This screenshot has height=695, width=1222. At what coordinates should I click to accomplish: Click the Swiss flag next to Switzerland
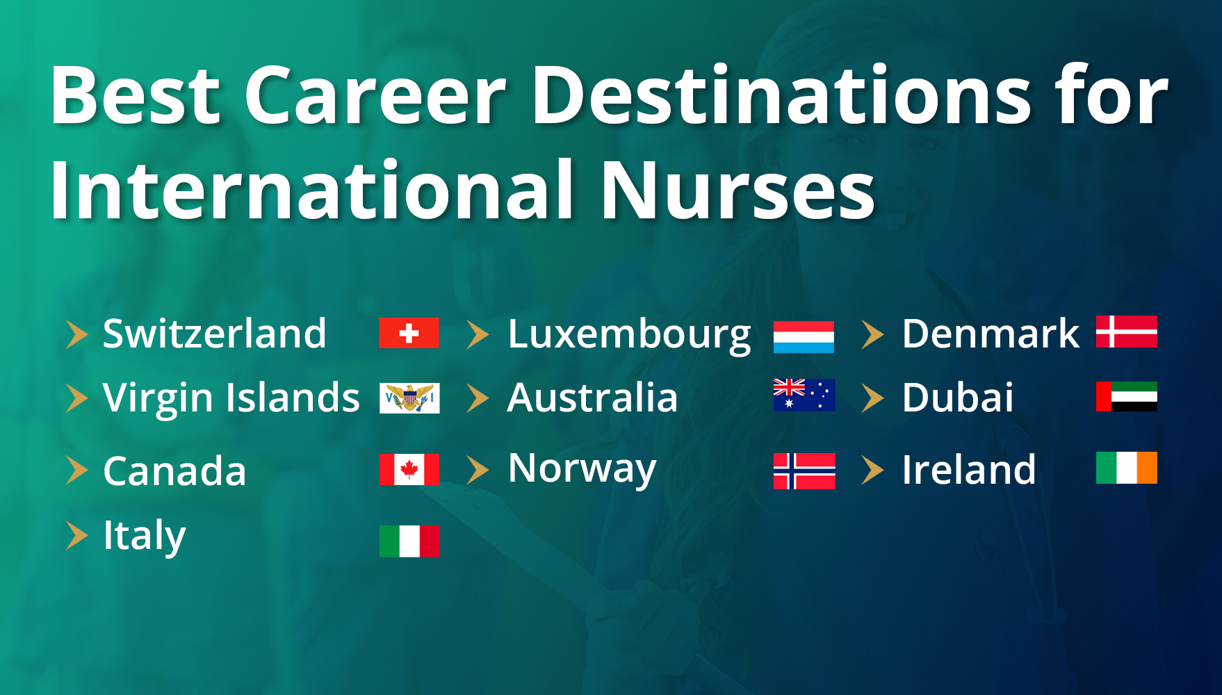tap(409, 333)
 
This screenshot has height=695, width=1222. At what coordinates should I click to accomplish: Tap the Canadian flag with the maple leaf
tap(409, 469)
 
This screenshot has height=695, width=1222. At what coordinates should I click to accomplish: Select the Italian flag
tap(409, 541)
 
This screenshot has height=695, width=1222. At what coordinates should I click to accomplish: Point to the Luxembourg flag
tap(804, 336)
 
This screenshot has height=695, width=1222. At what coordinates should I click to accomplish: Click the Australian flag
tap(804, 395)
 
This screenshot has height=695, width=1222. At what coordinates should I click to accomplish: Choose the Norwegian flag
tap(804, 471)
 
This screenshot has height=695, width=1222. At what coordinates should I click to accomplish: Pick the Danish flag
tap(1127, 331)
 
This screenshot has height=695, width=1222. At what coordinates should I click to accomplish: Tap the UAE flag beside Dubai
tap(1127, 396)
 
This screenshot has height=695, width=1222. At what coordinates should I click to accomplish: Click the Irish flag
tap(1127, 467)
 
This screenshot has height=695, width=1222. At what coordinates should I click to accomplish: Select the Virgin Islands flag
tap(409, 398)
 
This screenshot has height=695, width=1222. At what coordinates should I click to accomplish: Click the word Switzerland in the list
tap(214, 334)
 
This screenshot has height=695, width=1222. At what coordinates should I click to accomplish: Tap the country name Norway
tap(582, 470)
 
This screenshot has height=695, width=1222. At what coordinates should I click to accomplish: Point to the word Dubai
tap(957, 398)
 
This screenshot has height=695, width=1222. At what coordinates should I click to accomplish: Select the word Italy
tap(144, 536)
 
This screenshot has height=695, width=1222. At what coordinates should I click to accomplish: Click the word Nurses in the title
tap(738, 190)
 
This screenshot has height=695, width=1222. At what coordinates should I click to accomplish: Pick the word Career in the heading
tap(375, 96)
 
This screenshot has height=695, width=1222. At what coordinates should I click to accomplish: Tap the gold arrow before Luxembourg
tap(478, 334)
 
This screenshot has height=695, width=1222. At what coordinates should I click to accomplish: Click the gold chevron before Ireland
tap(872, 470)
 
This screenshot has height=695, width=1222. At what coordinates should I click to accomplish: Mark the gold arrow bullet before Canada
tap(77, 470)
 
